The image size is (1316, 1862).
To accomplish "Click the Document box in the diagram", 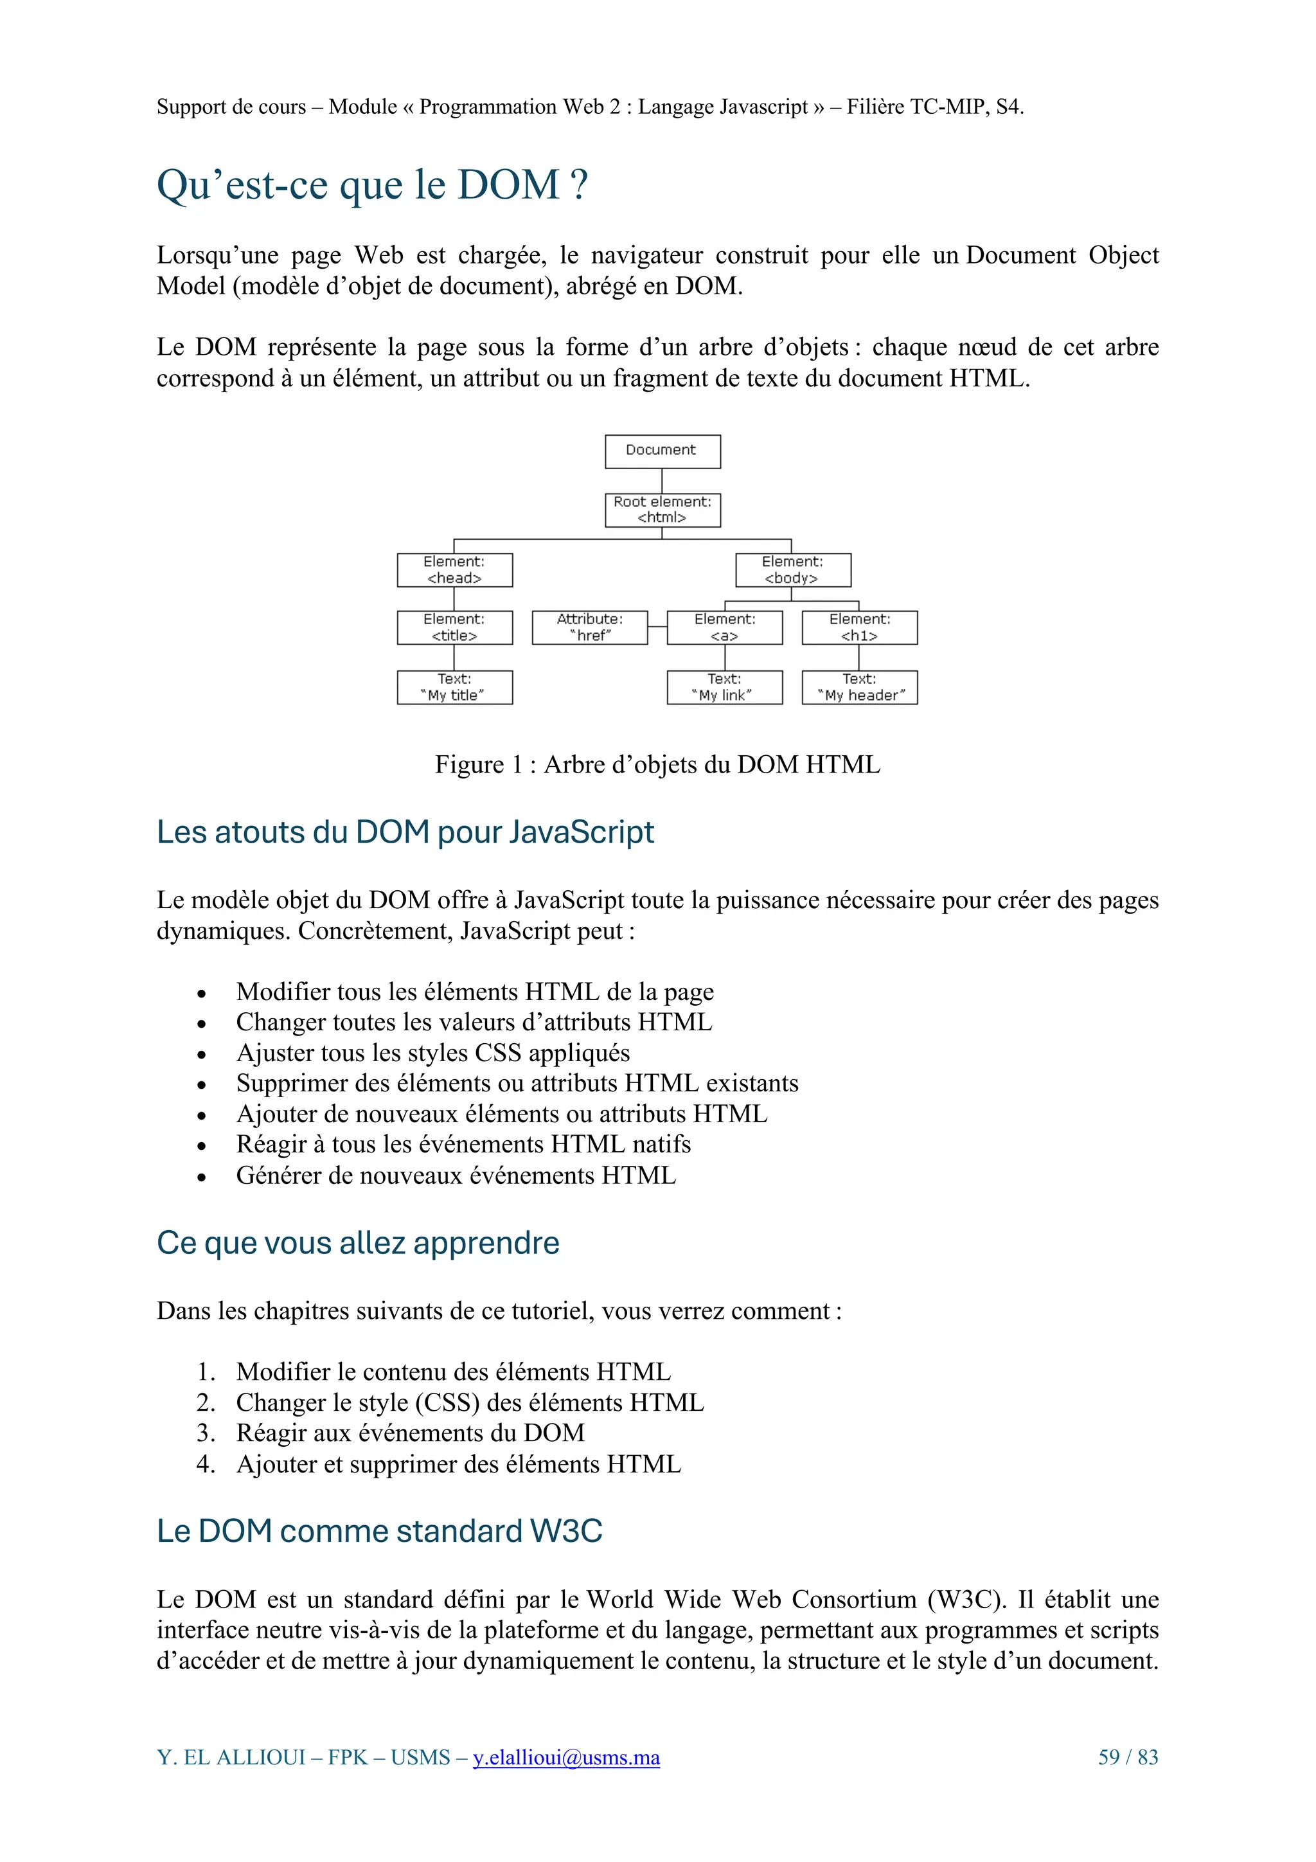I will (x=662, y=452).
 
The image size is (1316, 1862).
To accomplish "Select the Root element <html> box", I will (x=662, y=510).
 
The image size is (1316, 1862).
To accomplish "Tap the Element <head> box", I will (x=455, y=570).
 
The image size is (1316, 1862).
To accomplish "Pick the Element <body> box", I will (x=793, y=570).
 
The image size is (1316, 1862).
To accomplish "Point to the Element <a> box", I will (x=725, y=628).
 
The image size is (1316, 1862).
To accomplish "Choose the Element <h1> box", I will (x=860, y=628).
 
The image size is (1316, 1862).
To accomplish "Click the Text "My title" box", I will (x=455, y=687).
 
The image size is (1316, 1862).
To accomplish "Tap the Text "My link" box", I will (x=725, y=687).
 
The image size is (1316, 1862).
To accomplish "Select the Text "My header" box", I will (x=860, y=687).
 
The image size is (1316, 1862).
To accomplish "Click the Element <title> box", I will (x=455, y=628).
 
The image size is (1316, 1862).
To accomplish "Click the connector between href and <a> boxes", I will (x=657, y=627).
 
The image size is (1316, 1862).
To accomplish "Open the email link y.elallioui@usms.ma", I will (x=566, y=1757).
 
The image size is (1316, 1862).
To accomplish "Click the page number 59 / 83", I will (x=1127, y=1757).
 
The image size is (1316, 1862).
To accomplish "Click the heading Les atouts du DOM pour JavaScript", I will (x=405, y=832).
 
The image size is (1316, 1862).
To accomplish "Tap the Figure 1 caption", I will (x=657, y=764).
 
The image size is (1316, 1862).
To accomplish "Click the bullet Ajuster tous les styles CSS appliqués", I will (x=432, y=1053).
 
